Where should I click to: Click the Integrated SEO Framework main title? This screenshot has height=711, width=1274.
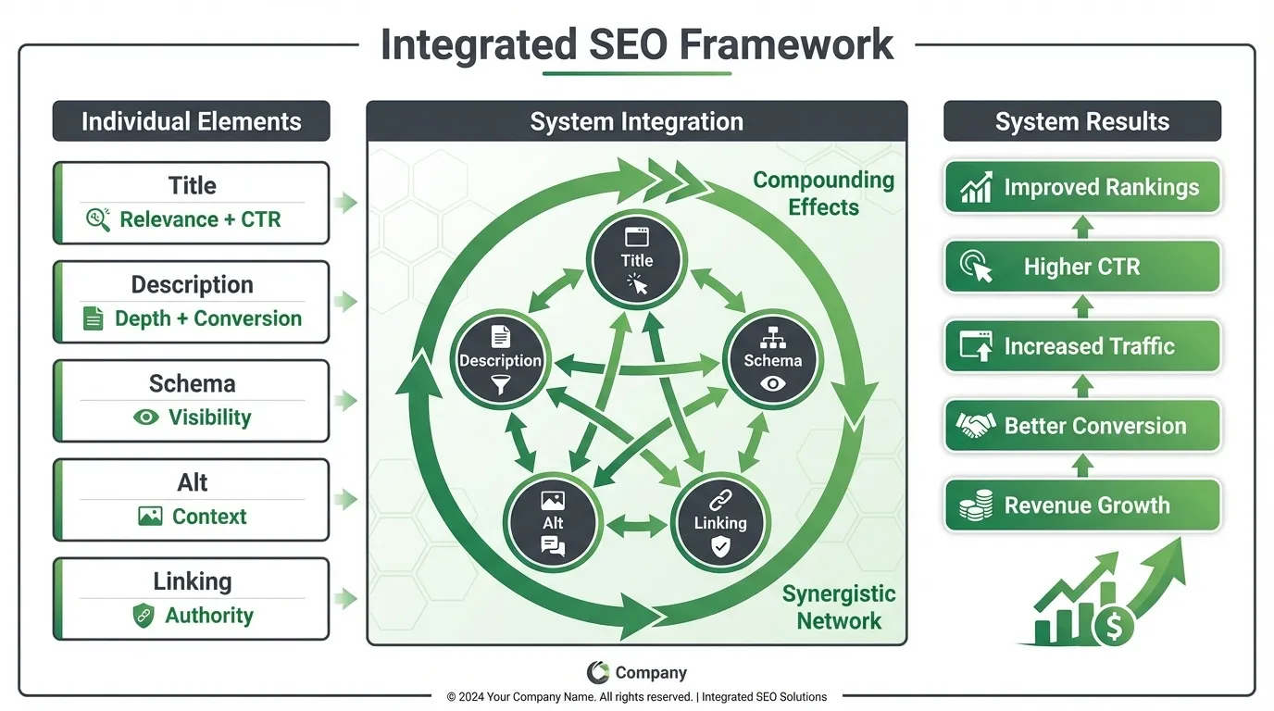point(637,44)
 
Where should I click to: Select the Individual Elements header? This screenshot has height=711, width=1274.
point(191,121)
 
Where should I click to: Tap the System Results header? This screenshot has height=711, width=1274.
point(1081,121)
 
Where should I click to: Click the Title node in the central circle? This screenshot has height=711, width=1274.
point(637,260)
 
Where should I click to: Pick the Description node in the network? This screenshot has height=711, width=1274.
point(500,360)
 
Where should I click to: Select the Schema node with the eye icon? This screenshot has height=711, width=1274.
point(773,360)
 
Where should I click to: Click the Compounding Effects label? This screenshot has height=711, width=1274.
point(823,193)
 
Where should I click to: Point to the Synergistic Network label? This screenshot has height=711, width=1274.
point(839,606)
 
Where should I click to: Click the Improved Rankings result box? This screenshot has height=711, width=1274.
point(1081,188)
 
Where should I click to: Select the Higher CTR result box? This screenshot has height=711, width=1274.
point(1081,268)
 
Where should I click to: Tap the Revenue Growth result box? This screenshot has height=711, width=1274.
point(1081,505)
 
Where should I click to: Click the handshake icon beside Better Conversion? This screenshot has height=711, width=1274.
point(975,426)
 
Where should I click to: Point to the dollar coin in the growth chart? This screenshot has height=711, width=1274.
point(1114,628)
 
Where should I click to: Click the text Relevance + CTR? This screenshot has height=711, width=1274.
point(200,219)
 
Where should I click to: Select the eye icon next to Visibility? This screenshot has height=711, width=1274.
point(146,418)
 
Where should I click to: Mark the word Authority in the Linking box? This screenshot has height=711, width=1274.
point(209,616)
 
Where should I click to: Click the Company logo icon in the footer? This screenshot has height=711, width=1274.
point(597,673)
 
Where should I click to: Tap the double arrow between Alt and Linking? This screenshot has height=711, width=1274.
point(636,526)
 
